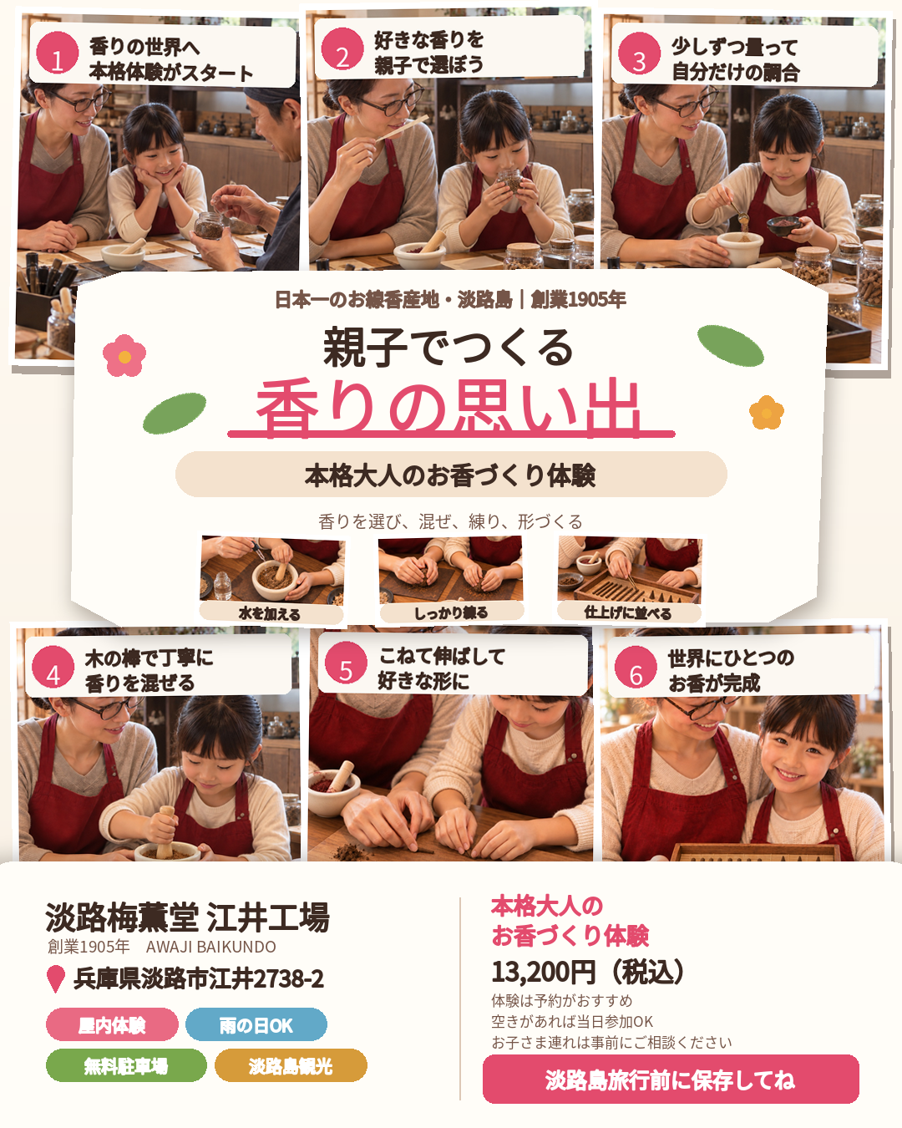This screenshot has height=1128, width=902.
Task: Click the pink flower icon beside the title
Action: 124,356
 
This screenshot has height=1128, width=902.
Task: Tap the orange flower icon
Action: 767,413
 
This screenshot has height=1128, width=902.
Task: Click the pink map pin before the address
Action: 56,978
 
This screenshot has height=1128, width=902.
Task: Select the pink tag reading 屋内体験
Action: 112,1024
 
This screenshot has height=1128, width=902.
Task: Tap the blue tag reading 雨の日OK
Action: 256,1024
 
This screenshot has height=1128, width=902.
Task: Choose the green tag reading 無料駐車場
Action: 126,1065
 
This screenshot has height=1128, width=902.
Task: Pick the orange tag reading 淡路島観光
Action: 291,1065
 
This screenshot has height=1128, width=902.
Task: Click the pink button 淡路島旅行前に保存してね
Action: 671,1080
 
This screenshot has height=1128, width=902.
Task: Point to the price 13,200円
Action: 544,972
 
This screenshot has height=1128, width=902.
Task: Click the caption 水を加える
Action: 270,613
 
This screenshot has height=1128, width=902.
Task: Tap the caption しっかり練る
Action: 451,612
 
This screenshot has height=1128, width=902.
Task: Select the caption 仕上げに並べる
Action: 628,612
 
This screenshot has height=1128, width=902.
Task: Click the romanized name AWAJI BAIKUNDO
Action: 210,947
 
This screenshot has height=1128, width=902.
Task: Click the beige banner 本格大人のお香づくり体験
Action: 451,475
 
